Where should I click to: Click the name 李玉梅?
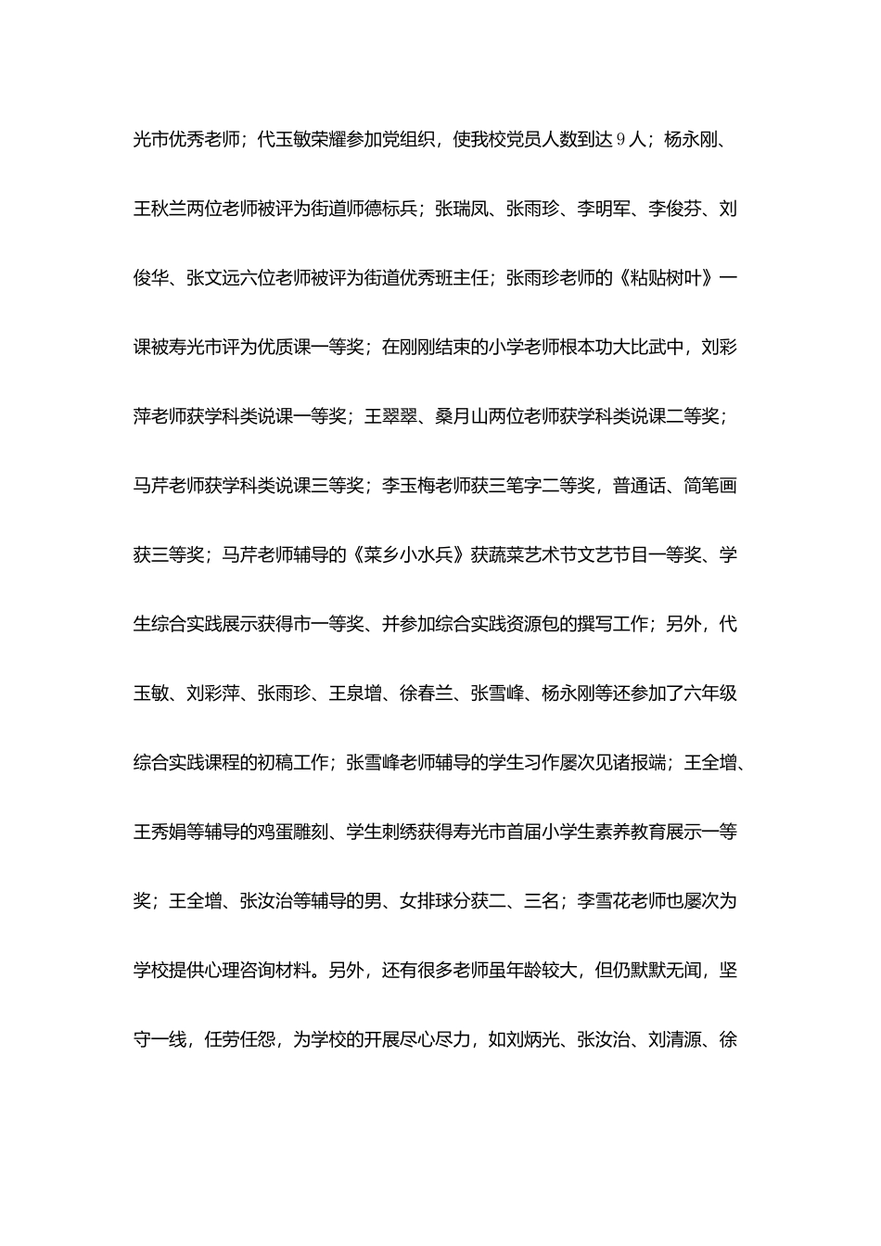pos(408,486)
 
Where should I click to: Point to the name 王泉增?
pos(355,693)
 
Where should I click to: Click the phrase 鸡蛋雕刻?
pos(284,832)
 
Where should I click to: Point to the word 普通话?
pos(637,486)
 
